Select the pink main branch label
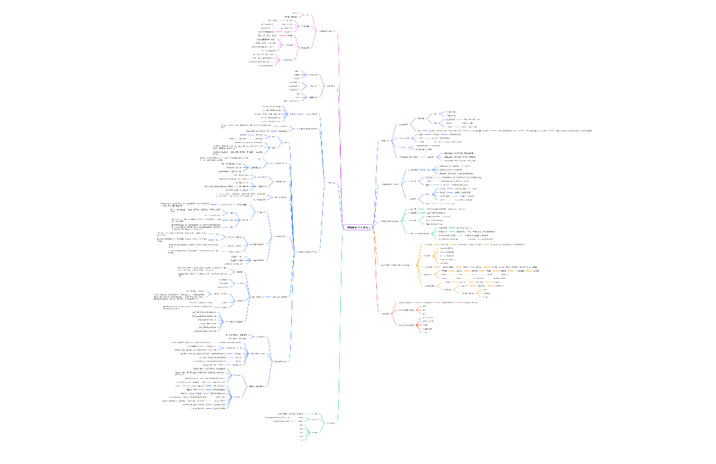coord(326,31)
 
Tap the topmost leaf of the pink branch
coord(295,13)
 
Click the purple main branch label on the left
coord(330,86)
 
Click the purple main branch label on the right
coord(385,140)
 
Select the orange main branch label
coord(397,265)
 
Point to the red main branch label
coord(385,314)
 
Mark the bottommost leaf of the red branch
coord(425,333)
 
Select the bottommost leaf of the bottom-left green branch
coord(302,440)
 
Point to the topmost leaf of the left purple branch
coord(297,71)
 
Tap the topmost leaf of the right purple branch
coord(451,112)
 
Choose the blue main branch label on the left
coord(330,183)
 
